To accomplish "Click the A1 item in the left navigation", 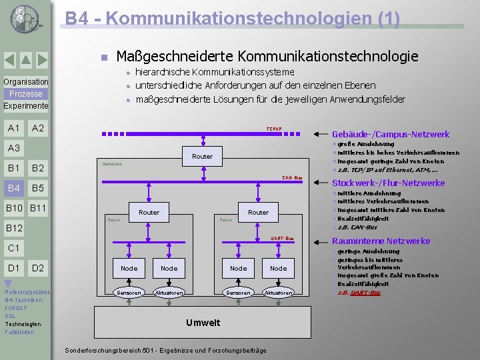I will click(13, 128).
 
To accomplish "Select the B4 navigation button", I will click(13, 188).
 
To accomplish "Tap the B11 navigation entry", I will click(38, 209).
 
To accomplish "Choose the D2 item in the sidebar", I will click(38, 268).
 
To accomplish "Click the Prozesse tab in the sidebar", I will click(25, 94).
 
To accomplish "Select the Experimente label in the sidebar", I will click(25, 106).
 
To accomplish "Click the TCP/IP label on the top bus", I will click(274, 128).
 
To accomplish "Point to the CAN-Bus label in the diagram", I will click(292, 178).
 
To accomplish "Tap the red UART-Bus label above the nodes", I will click(282, 238).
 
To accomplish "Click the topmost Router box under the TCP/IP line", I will click(202, 156).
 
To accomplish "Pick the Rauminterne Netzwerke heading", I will click(381, 241).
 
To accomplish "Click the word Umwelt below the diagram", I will click(203, 323).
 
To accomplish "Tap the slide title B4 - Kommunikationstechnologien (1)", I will click(232, 18).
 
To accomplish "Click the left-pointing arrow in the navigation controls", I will click(10, 61).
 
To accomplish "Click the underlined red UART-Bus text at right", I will click(367, 293).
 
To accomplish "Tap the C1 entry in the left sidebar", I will click(13, 248).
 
